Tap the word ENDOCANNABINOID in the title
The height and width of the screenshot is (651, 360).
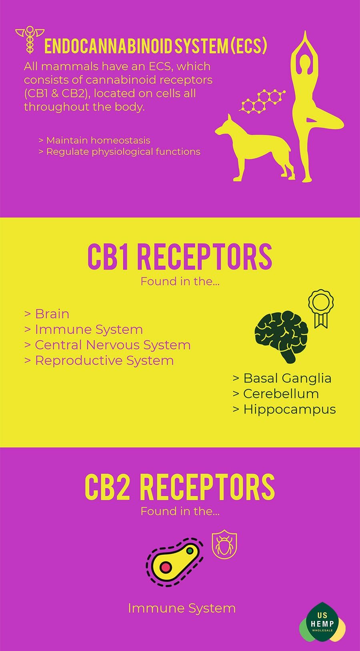tap(108, 46)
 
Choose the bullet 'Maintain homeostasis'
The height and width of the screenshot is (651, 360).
tap(94, 140)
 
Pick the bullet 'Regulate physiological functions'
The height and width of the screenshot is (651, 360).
tap(120, 152)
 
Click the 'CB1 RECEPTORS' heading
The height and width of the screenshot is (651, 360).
tap(180, 257)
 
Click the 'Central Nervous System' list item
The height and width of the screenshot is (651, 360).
tap(108, 345)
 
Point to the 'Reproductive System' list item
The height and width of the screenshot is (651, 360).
tap(99, 361)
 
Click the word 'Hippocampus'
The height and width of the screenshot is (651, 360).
tap(290, 409)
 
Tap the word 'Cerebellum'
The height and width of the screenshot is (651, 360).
tap(281, 394)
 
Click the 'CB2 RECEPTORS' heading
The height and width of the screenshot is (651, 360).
tap(180, 487)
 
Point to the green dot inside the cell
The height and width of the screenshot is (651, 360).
tap(190, 551)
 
